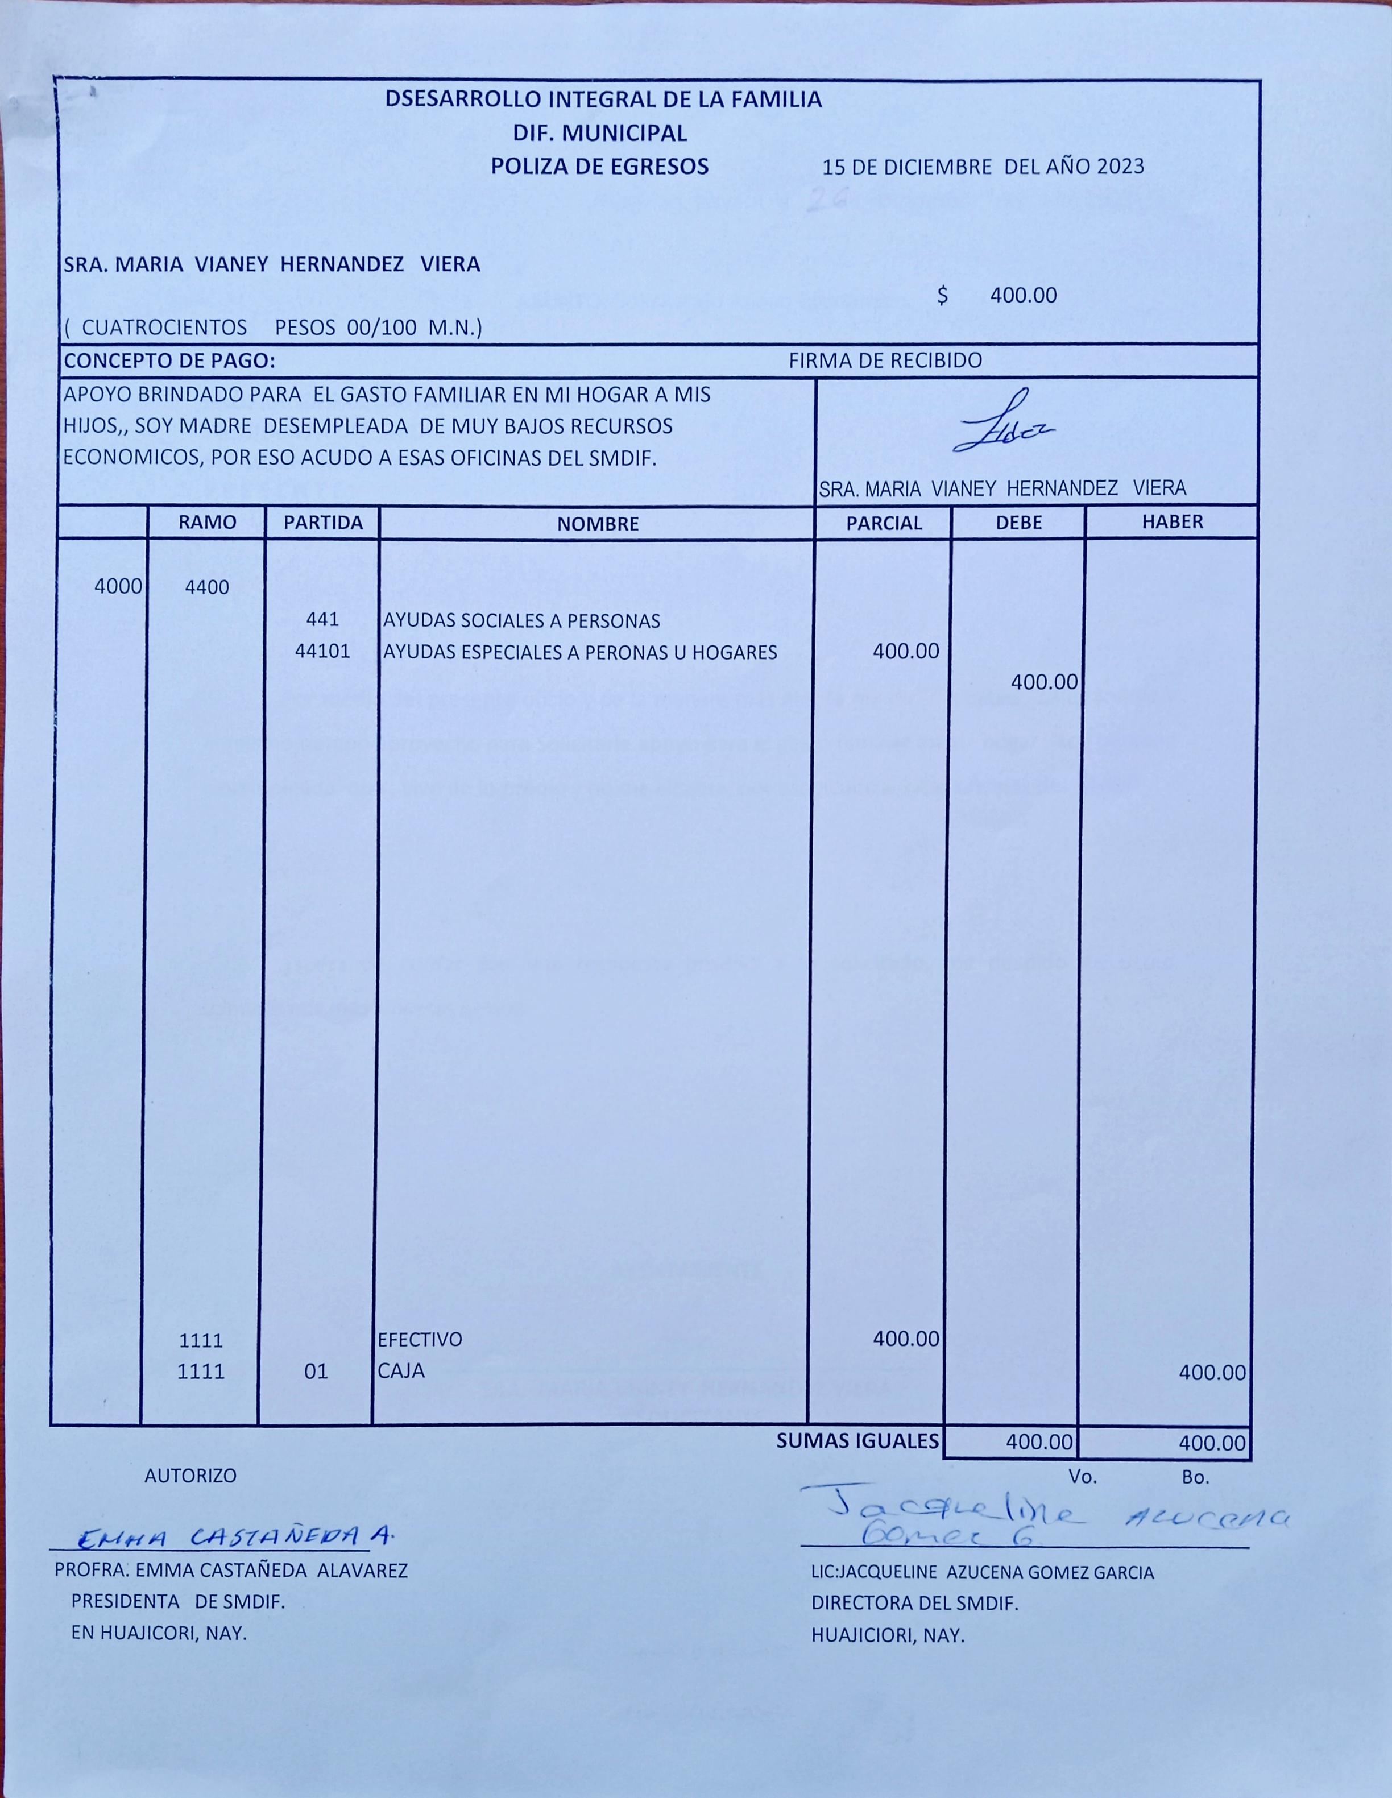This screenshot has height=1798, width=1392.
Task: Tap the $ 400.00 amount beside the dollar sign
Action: (x=1023, y=296)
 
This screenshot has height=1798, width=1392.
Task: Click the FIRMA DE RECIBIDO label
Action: (x=885, y=361)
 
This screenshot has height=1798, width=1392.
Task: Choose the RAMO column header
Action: (x=208, y=522)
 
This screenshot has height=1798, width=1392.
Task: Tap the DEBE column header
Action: (x=1018, y=523)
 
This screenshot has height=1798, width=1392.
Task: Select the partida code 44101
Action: (x=322, y=652)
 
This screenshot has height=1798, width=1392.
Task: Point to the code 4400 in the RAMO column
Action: (x=208, y=588)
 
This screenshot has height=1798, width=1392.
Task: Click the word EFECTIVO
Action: (x=420, y=1340)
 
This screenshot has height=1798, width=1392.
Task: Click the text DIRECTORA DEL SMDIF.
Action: (x=914, y=1604)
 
